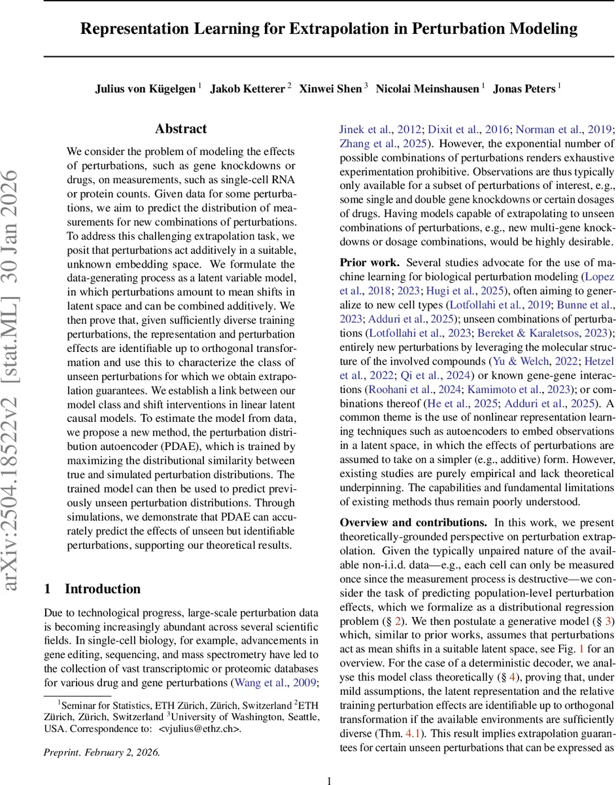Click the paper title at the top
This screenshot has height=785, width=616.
click(329, 29)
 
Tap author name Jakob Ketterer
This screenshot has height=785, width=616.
click(247, 88)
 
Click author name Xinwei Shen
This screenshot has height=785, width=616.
click(330, 88)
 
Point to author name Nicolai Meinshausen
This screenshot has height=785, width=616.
click(428, 88)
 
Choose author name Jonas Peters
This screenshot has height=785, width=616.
click(524, 88)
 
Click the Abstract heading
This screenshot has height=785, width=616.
click(181, 129)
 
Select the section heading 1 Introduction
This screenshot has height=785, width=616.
click(92, 589)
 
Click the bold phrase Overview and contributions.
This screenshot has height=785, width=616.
click(413, 523)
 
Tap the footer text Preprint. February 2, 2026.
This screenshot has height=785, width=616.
click(101, 752)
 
